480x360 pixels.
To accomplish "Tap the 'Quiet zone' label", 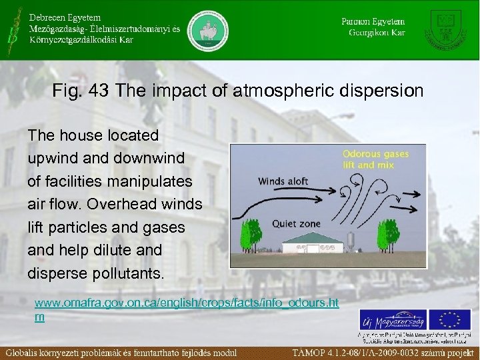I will (x=296, y=224).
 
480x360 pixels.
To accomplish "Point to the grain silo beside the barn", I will (x=351, y=241).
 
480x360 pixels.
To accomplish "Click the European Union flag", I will (x=449, y=319).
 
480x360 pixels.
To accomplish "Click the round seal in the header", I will (x=207, y=30).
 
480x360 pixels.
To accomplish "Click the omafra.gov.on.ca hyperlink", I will (x=186, y=303).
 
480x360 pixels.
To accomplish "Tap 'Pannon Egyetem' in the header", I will (x=373, y=21).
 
